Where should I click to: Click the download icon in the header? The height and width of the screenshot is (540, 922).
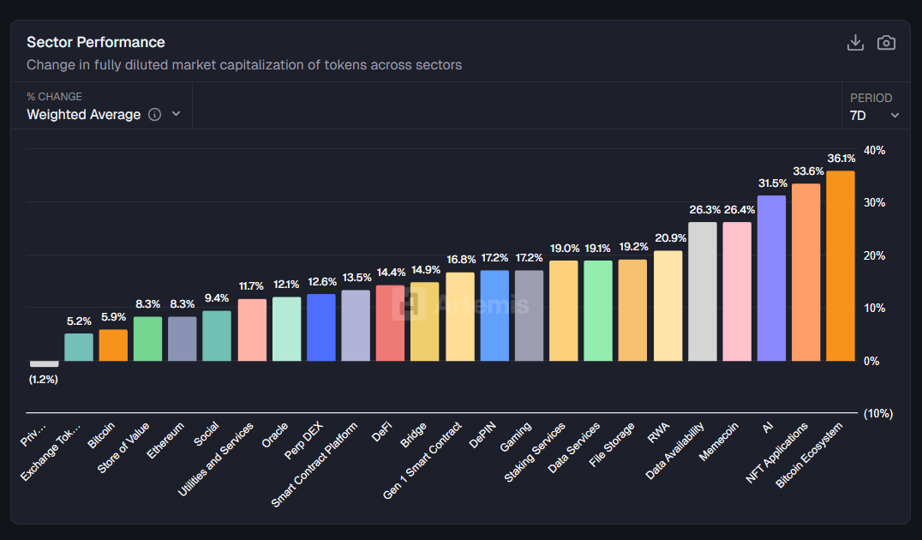point(855,43)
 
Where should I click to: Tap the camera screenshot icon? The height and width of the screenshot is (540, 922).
point(886,43)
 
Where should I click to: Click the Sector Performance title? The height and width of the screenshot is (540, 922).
point(96,42)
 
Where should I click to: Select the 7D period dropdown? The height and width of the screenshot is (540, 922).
point(874,115)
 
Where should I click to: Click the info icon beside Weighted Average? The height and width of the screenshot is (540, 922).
point(154,114)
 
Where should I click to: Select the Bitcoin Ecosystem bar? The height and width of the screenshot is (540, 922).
point(841,266)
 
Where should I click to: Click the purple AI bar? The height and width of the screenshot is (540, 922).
point(771,278)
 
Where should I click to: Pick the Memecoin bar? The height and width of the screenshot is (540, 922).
point(737,291)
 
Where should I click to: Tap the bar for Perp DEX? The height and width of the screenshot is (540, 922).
point(321,327)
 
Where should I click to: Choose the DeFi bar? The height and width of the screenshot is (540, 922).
point(390,323)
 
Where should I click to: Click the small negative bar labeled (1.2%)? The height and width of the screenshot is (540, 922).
point(45,363)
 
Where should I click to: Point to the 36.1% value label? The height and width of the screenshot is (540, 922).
point(841,159)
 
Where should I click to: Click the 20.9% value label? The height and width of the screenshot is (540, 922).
point(668,238)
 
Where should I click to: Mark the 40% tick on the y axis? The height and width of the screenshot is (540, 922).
point(875,151)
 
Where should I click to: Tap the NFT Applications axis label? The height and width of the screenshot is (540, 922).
point(778,453)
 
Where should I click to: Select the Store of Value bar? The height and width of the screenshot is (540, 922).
point(148,339)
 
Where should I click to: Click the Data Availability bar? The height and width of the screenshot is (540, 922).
point(703,291)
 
